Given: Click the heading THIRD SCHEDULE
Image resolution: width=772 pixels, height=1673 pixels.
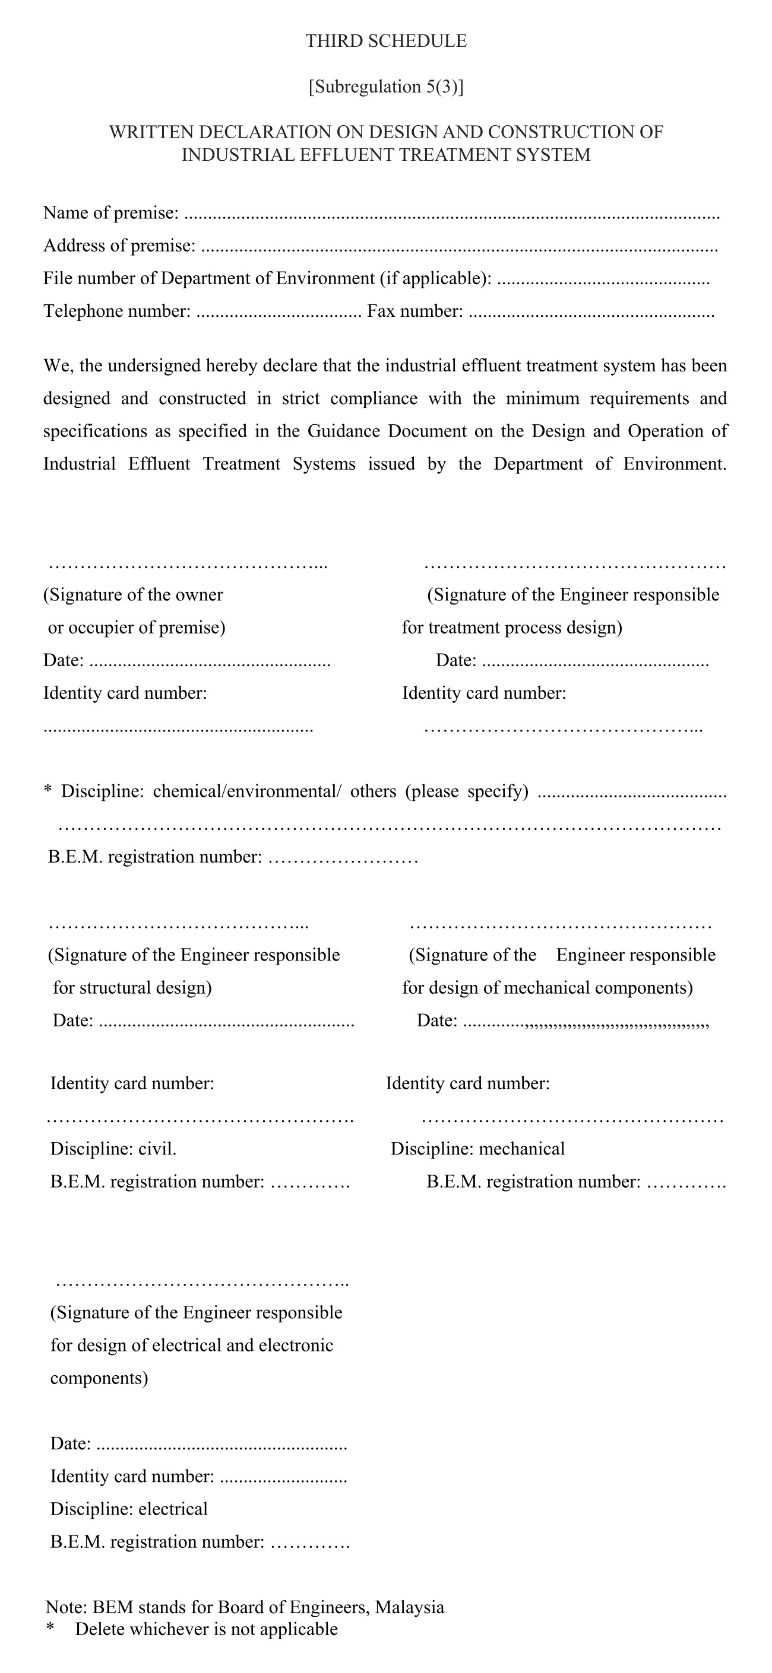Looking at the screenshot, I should tap(386, 41).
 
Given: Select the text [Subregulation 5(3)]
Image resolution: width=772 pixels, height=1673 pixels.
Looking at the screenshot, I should tap(386, 87).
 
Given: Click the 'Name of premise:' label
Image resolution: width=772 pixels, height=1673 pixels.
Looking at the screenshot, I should tap(110, 212).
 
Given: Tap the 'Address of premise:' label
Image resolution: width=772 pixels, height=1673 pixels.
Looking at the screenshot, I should tap(119, 246).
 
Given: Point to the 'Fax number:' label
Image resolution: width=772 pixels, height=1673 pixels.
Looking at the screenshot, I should tap(415, 311).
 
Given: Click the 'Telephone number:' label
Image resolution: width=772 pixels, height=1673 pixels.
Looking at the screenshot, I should tap(117, 311).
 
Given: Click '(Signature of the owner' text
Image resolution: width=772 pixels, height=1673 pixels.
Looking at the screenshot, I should tap(133, 595).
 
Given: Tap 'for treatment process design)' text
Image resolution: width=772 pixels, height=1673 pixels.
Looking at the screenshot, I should tap(511, 628).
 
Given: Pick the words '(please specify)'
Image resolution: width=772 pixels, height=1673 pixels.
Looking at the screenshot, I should tap(467, 791).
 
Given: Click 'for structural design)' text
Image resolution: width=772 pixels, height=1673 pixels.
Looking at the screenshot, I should tap(132, 988).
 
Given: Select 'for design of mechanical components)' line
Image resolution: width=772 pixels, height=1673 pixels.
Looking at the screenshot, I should tap(547, 988).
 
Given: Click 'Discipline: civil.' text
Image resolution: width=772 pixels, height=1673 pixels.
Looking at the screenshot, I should tap(113, 1149).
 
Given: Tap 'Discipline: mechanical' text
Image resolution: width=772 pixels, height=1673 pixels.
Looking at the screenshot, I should tap(477, 1149).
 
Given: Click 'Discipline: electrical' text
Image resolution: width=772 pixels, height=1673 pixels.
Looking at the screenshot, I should tap(129, 1509).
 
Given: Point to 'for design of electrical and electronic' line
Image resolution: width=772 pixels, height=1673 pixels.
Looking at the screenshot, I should tap(192, 1345).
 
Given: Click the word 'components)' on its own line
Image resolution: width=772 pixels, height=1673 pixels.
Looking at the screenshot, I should tap(99, 1378).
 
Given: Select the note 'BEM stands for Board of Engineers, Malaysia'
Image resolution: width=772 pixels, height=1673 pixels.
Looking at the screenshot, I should tap(268, 1607).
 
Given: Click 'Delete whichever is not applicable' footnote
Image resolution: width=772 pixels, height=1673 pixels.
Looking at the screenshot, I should tap(206, 1630).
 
